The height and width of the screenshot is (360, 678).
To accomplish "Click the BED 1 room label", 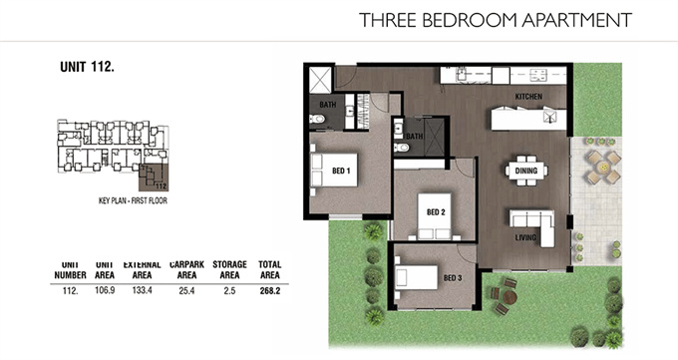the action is coord(341,171).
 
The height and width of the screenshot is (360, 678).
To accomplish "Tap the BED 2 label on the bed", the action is coord(436,212).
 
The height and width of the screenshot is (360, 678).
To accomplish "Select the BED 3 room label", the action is coord(453,278).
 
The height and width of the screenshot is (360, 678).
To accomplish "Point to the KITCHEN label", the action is coord(528,97).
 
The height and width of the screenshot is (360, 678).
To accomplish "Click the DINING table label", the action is coord(526,171).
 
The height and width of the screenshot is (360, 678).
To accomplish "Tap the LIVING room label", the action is coord(525,237).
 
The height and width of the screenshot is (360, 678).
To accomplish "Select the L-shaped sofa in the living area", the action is coord(532,226).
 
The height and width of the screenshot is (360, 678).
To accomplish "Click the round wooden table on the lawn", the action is coord(509,297).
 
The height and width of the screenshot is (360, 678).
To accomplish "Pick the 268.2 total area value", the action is coord(270,291).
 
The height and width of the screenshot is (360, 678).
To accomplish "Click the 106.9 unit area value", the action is coord(105,290).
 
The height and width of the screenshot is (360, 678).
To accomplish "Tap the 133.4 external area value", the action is coord(142,290).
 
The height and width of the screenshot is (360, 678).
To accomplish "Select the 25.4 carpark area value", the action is coord(186,291).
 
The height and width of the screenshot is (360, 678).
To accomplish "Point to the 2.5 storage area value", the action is coord(229,291).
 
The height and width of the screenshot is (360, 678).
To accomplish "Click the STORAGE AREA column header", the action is coord(229,269).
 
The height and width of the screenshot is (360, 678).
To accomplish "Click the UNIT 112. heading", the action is coord(87,67).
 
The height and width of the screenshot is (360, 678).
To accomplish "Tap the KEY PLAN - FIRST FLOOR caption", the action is coord(133,200).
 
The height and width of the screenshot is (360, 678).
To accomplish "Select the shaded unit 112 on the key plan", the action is coord(154,178).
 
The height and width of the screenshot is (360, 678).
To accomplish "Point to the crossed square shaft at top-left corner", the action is coord(320,80).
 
